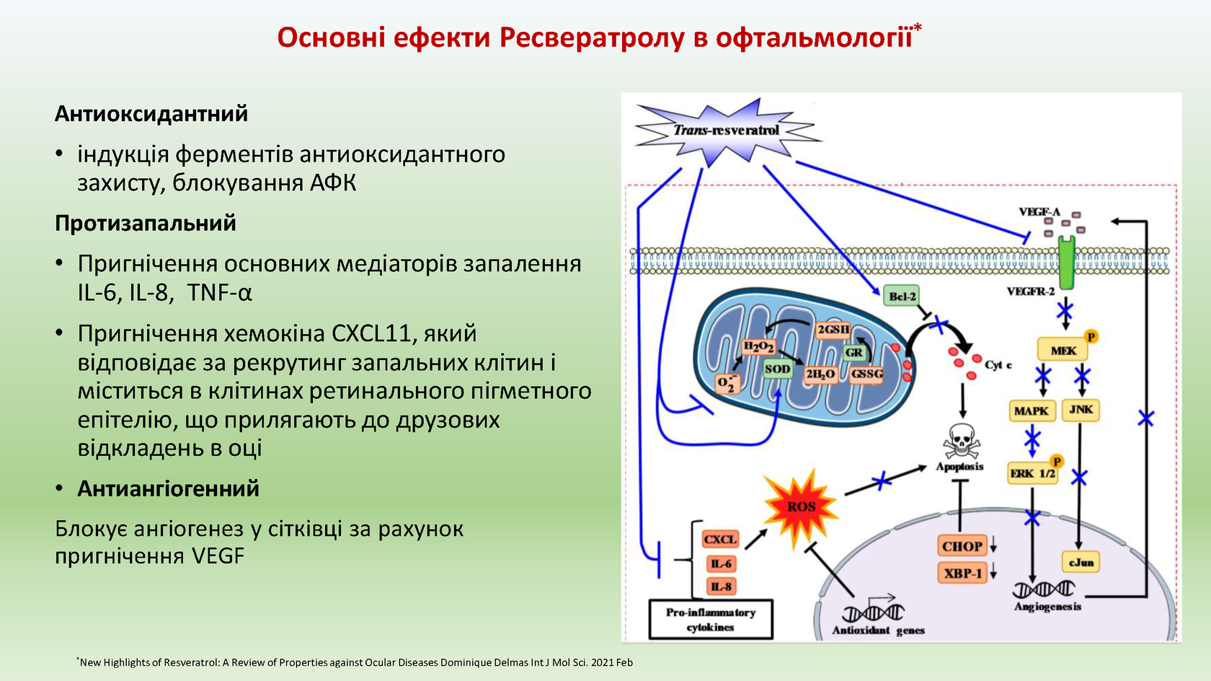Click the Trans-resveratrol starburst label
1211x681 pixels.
click(726, 131)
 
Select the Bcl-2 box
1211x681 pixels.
click(901, 296)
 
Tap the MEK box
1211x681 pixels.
click(1063, 351)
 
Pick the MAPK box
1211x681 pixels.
click(1031, 410)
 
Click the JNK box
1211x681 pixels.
click(1081, 410)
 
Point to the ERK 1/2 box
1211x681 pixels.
click(1032, 473)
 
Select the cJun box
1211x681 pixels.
click(1081, 562)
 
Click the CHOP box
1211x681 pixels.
click(962, 546)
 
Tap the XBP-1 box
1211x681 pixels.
click(962, 574)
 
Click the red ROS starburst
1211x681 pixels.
click(801, 506)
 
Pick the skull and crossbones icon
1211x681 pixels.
click(961, 441)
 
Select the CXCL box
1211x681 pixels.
click(719, 540)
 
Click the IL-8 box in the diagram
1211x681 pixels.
click(721, 586)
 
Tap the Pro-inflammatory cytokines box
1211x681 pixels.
click(710, 620)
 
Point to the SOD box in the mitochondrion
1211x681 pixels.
click(777, 369)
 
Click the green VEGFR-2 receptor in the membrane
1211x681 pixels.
click(1065, 263)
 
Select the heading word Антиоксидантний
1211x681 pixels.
click(151, 114)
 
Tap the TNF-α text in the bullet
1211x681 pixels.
click(219, 293)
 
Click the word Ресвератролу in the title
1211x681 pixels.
click(591, 38)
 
